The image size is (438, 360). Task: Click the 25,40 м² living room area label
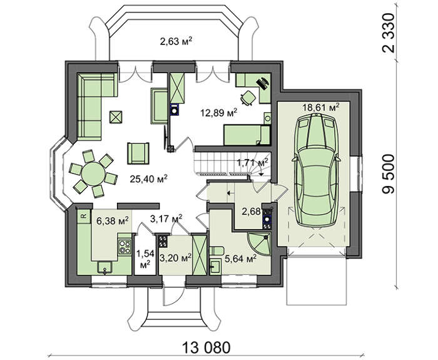click(x=148, y=178)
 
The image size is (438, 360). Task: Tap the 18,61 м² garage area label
click(x=321, y=107)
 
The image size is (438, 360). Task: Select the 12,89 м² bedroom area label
click(x=219, y=113)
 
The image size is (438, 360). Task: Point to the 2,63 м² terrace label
click(x=176, y=42)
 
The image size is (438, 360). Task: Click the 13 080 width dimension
click(x=206, y=347)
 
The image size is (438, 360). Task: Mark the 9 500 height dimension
click(x=389, y=173)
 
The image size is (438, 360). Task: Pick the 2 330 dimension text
click(x=389, y=33)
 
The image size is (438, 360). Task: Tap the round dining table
click(x=93, y=173)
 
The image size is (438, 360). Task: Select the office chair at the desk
click(x=248, y=98)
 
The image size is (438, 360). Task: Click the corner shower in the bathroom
click(x=259, y=244)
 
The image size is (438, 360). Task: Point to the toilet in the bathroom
click(x=216, y=250)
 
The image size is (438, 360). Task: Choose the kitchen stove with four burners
click(x=125, y=247)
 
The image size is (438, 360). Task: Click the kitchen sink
click(x=104, y=267)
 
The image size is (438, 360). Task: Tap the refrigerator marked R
click(x=83, y=216)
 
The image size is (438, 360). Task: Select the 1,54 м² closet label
click(x=145, y=259)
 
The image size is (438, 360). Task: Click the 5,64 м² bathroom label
click(x=240, y=259)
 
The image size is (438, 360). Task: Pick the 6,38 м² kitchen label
click(x=113, y=221)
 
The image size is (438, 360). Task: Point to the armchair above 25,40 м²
click(x=138, y=153)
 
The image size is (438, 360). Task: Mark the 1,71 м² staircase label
click(x=253, y=162)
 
